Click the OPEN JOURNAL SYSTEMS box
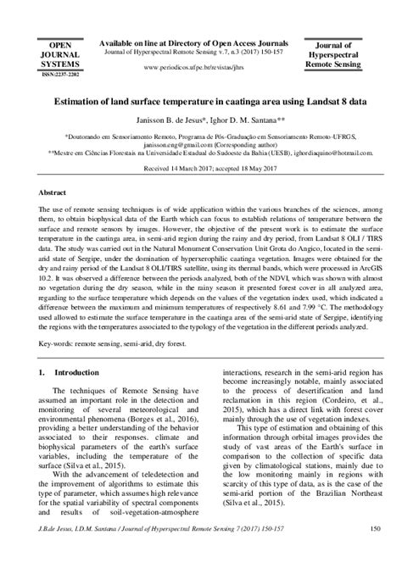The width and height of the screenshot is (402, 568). [60, 54]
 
